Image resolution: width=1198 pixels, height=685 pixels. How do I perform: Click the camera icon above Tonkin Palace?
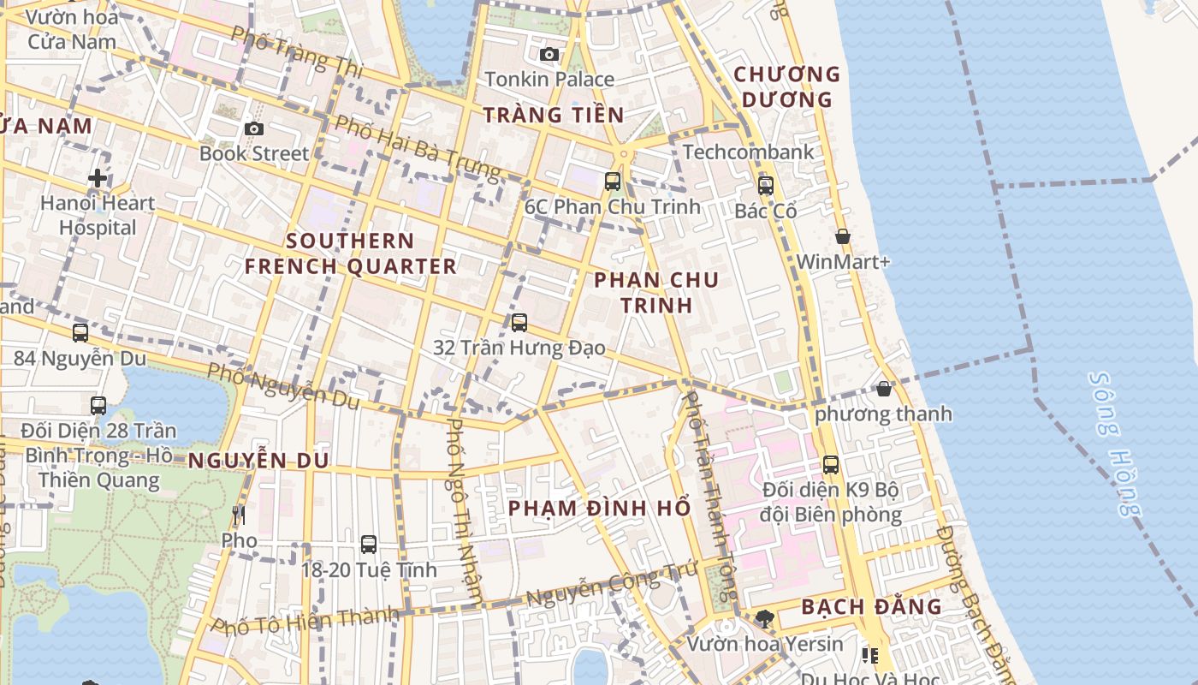pos(549,55)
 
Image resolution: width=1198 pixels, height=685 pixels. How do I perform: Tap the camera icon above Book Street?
pos(253,128)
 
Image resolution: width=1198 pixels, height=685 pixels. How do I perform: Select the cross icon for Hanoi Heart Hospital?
pos(98,178)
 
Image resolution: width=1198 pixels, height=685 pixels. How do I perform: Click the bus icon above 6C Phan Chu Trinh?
pos(612,181)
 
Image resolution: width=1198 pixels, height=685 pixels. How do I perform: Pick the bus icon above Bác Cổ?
pos(765,185)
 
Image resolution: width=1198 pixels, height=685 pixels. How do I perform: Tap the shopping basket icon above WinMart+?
pos(842,236)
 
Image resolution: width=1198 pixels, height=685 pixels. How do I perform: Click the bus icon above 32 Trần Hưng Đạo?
pos(519,323)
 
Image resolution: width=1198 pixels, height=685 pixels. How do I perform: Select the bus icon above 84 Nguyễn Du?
pos(80,332)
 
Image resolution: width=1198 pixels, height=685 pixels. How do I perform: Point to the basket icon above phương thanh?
pos(883,389)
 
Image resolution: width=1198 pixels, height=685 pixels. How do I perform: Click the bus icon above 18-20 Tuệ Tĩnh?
pos(368,544)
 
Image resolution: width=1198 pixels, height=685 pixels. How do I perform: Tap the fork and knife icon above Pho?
pos(239,515)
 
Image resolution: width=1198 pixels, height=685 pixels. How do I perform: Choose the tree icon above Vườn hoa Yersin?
pos(765,618)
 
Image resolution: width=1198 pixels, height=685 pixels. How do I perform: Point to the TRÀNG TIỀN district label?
pos(553,115)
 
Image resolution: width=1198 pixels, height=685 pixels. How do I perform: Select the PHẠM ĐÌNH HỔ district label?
pos(599,508)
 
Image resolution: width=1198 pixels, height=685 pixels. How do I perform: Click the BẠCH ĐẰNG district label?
pos(871,607)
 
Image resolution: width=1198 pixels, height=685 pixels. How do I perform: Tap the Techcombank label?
pos(748,152)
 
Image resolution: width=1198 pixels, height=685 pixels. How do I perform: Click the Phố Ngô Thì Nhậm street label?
pos(466,509)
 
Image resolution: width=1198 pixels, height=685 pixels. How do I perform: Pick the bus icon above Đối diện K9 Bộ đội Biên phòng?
pos(830,465)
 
